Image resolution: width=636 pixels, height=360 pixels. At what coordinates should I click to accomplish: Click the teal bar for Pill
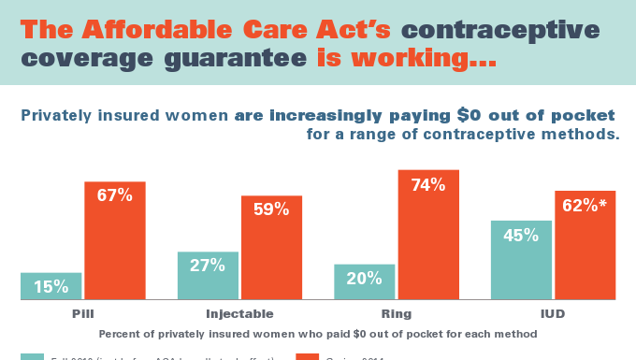(x=51, y=286)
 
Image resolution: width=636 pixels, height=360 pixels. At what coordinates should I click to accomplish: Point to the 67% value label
(x=115, y=195)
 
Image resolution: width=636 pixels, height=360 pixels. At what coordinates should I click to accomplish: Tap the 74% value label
(x=427, y=184)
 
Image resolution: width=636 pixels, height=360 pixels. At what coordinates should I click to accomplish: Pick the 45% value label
(x=521, y=236)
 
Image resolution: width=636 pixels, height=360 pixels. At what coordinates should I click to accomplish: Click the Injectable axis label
(x=239, y=313)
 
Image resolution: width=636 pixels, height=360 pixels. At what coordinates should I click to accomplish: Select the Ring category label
(x=396, y=313)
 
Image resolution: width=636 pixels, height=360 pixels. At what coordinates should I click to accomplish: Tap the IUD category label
(x=553, y=313)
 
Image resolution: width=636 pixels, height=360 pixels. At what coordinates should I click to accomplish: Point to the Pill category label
(x=83, y=313)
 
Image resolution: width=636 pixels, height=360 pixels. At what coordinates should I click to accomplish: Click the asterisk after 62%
(x=604, y=202)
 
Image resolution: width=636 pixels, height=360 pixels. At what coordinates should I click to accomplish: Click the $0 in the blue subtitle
(x=497, y=116)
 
